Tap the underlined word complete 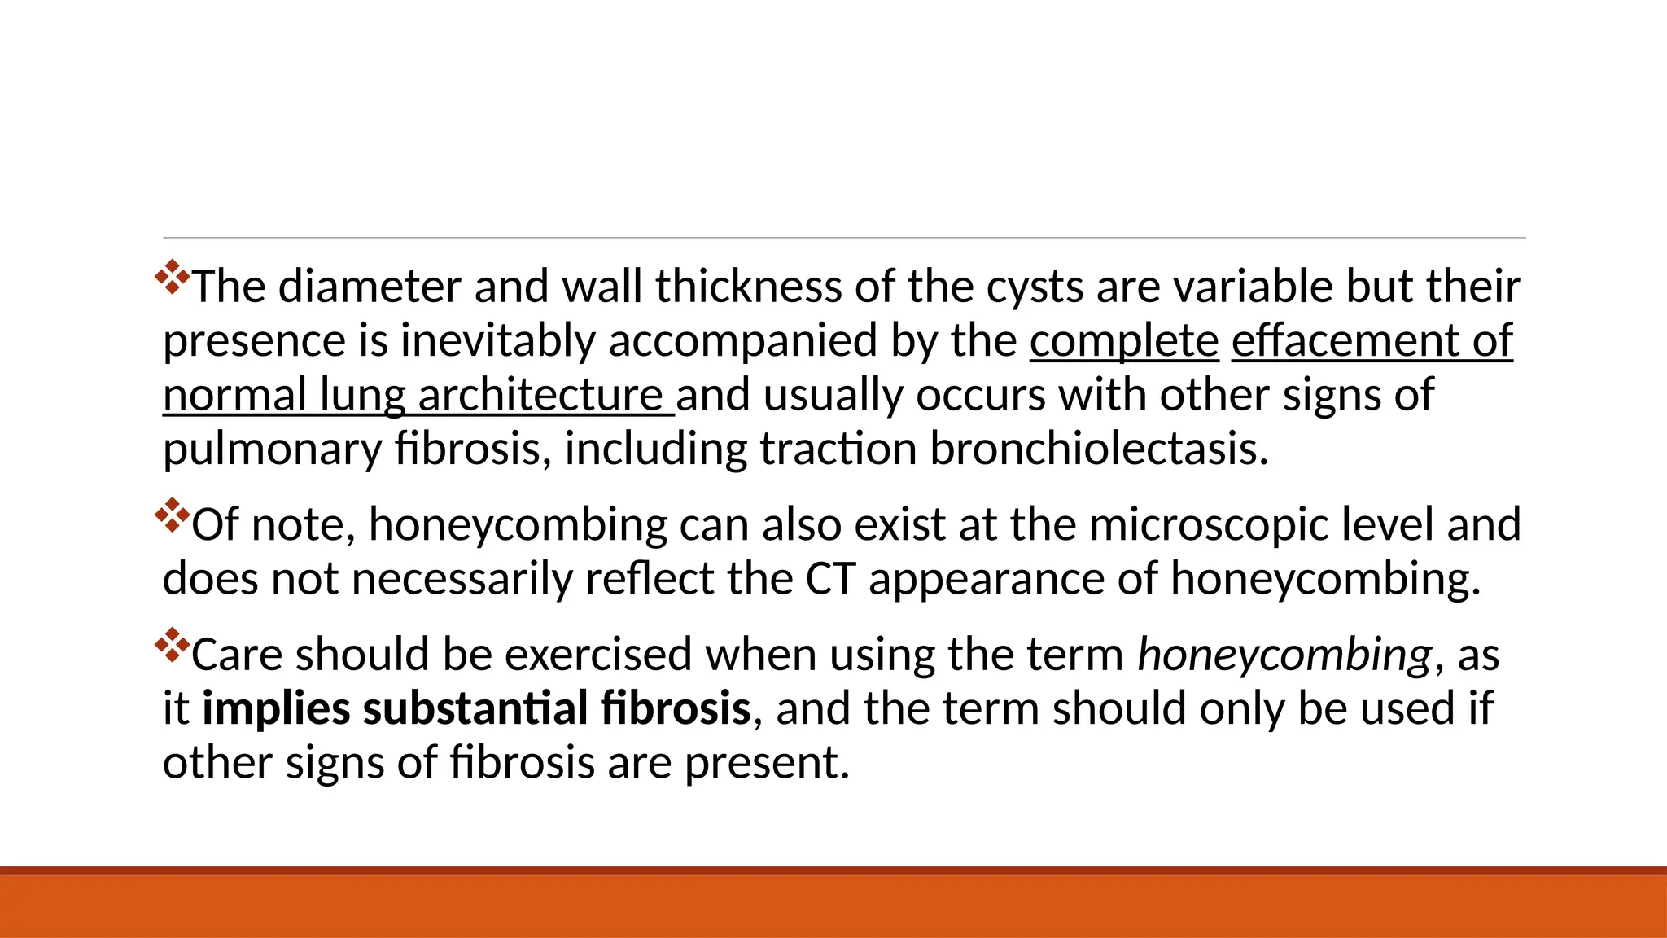(x=1124, y=340)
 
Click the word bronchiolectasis (x=1098, y=449)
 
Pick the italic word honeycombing (x=1284, y=655)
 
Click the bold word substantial (x=476, y=708)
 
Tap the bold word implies (x=276, y=708)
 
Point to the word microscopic (x=1209, y=524)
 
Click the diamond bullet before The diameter (x=172, y=277)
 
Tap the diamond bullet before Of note (x=172, y=515)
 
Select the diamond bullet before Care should (x=172, y=644)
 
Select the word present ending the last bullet (x=766, y=763)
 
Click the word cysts (x=1035, y=287)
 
